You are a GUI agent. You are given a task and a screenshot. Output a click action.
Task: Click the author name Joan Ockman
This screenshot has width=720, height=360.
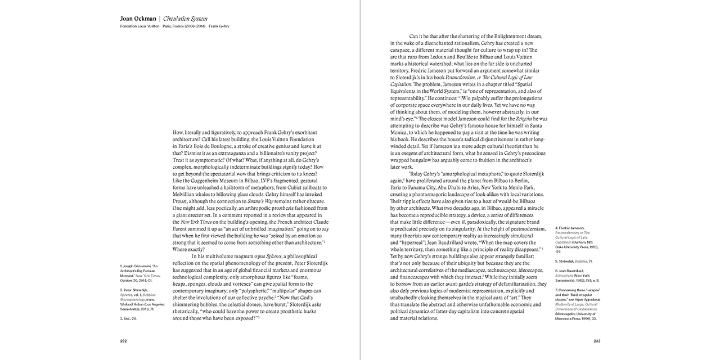136,19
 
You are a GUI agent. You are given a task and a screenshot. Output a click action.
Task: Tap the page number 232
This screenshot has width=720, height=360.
123,341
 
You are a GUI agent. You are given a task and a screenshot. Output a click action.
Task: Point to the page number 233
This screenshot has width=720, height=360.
597,341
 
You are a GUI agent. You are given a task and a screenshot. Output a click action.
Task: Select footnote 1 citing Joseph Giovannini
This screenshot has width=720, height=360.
139,272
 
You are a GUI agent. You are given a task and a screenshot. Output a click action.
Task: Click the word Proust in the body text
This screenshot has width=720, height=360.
183,201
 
